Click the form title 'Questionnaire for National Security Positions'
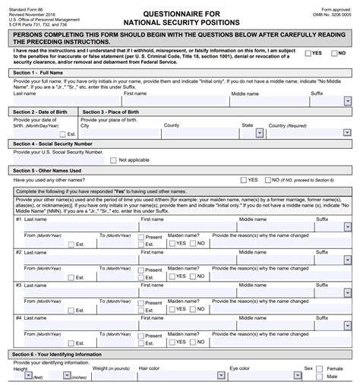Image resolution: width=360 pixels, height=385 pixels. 179,16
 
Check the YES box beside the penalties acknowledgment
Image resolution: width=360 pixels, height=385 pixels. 308,53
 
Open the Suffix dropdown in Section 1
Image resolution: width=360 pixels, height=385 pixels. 347,101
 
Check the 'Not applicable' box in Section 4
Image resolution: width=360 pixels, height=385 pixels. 113,160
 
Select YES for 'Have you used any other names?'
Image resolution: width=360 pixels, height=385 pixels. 243,180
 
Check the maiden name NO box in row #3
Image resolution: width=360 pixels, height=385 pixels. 193,309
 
